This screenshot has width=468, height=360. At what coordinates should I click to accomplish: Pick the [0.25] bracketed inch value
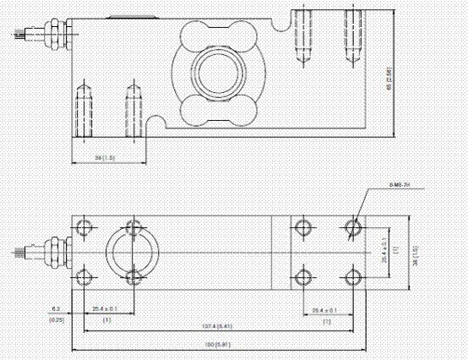(56, 319)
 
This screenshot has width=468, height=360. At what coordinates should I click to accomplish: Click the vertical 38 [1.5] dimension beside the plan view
(414, 251)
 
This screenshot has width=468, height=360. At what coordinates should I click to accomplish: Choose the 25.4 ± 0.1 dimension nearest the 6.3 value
(107, 310)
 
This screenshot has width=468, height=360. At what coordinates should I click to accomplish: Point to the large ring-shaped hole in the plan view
(132, 251)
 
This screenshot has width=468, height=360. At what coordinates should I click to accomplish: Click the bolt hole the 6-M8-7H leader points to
(354, 226)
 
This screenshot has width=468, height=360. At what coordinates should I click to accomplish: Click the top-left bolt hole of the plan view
(84, 226)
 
